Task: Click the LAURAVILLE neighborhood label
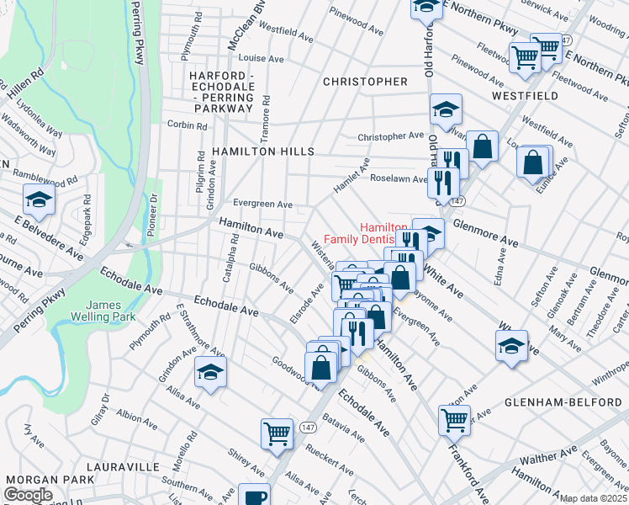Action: (124, 465)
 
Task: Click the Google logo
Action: (28, 496)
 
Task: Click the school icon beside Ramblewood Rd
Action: (39, 200)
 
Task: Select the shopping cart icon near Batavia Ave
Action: (277, 433)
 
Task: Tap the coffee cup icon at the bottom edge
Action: (254, 495)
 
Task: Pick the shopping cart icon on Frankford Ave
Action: (454, 417)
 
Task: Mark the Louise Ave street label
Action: (262, 59)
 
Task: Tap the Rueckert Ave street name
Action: (330, 464)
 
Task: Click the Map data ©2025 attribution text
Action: (593, 498)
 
